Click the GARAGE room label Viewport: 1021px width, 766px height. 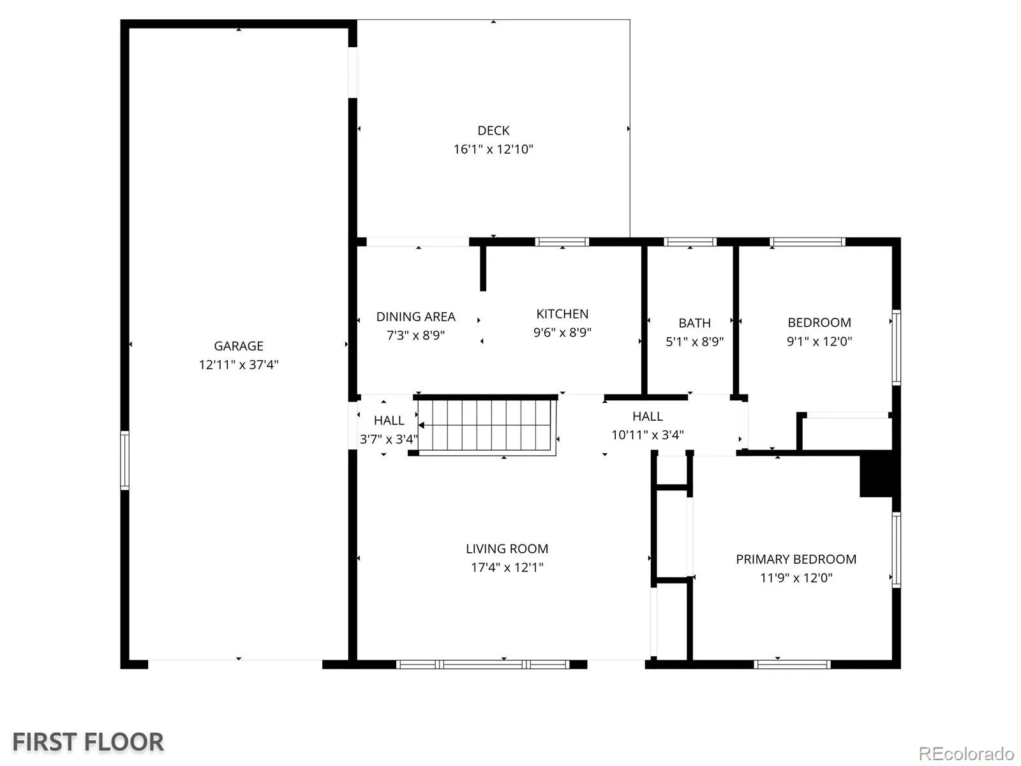pos(238,345)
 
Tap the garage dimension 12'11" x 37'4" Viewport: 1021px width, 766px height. pos(238,364)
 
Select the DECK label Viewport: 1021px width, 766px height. pos(493,131)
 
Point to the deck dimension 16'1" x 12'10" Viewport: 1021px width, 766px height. pos(493,149)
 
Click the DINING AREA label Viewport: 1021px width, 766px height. pos(415,317)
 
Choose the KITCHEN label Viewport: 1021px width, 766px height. pos(562,314)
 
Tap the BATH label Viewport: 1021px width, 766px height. pos(694,323)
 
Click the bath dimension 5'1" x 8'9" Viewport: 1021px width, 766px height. pos(694,342)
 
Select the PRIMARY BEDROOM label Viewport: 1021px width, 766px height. pos(795,559)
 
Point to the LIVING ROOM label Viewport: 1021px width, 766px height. pos(507,549)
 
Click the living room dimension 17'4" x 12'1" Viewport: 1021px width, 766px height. pos(507,567)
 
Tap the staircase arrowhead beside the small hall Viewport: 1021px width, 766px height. pos(421,425)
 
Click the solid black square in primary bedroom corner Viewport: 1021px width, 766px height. pos(876,476)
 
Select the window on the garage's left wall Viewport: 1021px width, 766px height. pos(124,460)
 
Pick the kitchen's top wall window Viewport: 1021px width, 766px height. pos(562,242)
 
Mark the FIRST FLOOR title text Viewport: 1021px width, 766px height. pos(88,742)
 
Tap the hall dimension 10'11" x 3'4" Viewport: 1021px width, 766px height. pos(647,435)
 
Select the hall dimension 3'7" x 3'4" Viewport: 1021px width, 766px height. pos(389,439)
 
